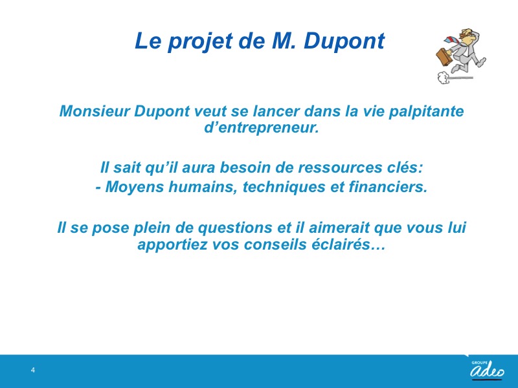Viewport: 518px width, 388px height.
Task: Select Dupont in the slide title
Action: coord(344,41)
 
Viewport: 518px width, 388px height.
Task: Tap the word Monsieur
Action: coord(95,111)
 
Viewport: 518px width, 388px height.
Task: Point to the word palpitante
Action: coord(426,111)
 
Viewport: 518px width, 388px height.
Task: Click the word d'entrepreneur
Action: coord(262,127)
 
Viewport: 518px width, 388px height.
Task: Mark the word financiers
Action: coord(388,187)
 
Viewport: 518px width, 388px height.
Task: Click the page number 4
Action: coord(33,370)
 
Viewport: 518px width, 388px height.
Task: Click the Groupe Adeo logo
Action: coord(488,370)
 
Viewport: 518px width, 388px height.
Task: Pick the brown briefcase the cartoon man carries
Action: coord(444,57)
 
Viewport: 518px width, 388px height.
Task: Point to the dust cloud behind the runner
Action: coord(444,78)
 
